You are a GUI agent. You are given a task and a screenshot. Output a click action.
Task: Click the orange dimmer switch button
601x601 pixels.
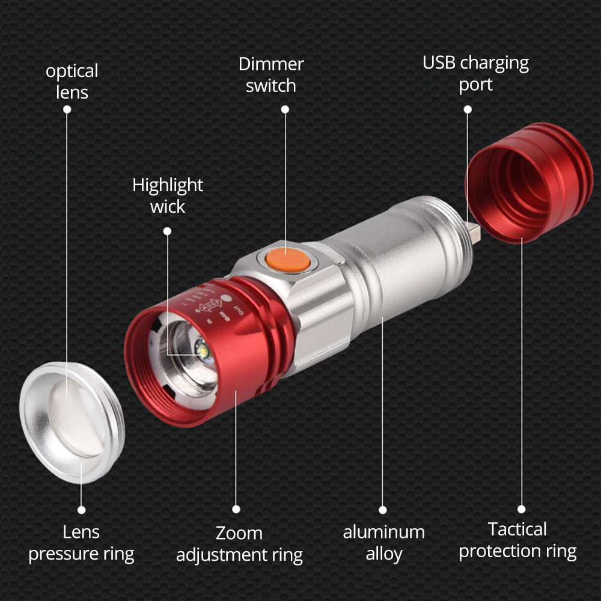(284, 260)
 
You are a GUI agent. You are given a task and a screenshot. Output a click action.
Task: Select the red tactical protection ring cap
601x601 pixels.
(529, 183)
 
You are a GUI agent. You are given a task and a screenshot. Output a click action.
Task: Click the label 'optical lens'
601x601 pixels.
(72, 82)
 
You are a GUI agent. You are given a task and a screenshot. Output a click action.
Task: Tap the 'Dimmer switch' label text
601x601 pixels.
(271, 75)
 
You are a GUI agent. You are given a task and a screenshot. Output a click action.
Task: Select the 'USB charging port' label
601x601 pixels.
(475, 73)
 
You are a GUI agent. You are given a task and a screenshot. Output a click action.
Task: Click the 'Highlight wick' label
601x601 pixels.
(168, 195)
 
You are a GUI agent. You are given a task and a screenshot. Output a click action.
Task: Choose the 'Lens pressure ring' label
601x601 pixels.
(81, 543)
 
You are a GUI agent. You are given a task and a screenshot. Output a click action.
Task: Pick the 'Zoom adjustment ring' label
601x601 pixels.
(239, 544)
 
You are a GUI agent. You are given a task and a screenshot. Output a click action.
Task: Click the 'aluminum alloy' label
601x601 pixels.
(383, 543)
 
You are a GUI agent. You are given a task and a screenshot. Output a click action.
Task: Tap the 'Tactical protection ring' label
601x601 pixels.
(517, 540)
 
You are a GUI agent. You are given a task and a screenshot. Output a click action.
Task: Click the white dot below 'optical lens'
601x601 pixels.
(67, 109)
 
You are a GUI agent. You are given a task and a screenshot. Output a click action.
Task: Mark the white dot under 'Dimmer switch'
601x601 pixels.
(285, 109)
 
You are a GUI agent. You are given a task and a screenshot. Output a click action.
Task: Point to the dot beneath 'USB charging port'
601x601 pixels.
(467, 109)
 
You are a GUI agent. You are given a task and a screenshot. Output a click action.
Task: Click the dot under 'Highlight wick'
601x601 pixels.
(167, 231)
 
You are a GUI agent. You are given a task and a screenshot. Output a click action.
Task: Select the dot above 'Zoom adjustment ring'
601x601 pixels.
(236, 509)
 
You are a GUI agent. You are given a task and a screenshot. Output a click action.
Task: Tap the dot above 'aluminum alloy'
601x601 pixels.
(383, 510)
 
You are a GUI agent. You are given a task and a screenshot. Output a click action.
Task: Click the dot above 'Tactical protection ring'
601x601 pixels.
(521, 509)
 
